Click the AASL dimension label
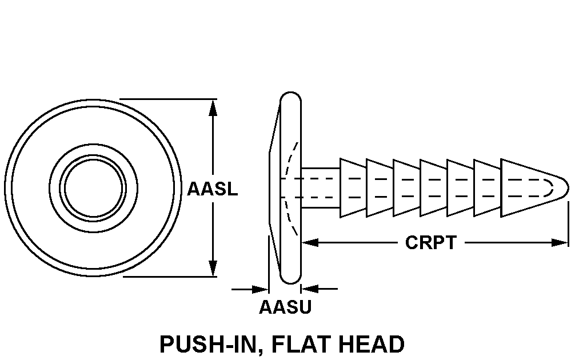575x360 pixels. (x=212, y=189)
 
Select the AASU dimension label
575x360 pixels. (x=285, y=307)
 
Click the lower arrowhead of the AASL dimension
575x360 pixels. (x=213, y=268)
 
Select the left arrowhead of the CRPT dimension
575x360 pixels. (x=309, y=243)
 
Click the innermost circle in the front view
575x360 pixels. (x=93, y=187)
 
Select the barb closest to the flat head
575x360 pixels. (x=353, y=187)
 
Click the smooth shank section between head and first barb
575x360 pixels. (x=320, y=187)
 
